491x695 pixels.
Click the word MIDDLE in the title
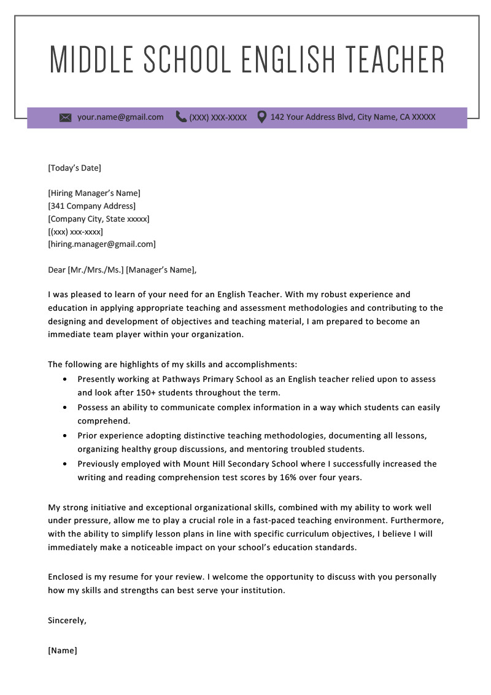pos(91,60)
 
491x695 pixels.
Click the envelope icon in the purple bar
pos(66,117)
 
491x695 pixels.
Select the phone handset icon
pos(181,117)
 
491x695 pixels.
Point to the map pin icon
pos(261,117)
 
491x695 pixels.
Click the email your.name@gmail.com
pos(120,117)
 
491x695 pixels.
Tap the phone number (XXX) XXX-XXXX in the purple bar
pos(218,117)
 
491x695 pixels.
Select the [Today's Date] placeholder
pos(74,168)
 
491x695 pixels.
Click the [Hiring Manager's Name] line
pos(94,193)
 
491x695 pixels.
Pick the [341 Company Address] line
pos(91,206)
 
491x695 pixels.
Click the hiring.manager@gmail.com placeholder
pos(102,244)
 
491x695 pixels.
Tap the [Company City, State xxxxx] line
pos(98,219)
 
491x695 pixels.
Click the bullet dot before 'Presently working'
pos(66,379)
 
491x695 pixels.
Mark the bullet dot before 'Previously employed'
pos(66,464)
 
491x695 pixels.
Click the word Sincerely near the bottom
pos(67,620)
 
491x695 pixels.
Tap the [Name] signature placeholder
pos(63,650)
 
